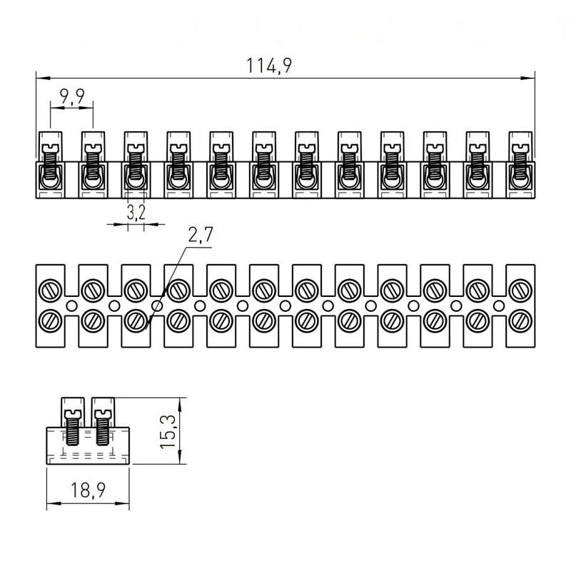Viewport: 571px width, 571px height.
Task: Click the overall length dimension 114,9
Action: [x=269, y=65]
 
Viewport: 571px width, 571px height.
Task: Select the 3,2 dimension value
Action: [x=136, y=212]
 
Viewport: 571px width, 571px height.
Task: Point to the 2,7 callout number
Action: [x=201, y=236]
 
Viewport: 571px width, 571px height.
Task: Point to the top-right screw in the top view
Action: [x=520, y=290]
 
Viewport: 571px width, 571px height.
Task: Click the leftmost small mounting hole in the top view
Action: [x=71, y=305]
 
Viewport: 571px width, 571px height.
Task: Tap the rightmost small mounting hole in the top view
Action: [x=499, y=305]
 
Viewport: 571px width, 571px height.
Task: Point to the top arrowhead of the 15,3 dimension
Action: [x=178, y=401]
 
